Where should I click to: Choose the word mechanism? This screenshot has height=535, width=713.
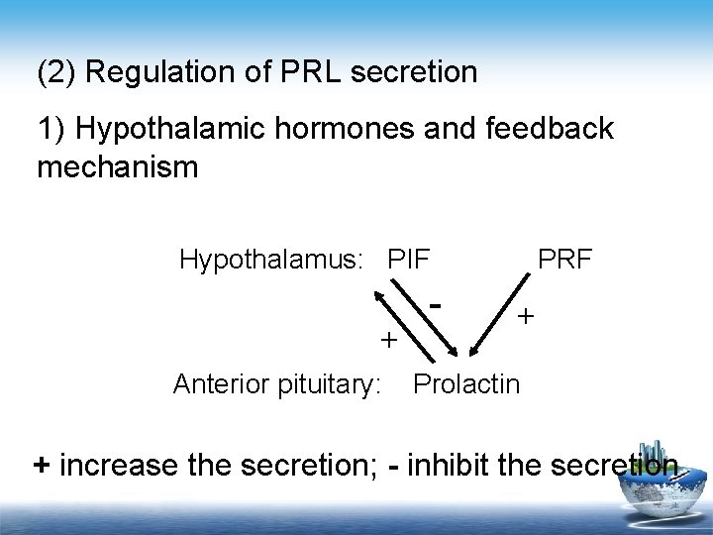click(117, 166)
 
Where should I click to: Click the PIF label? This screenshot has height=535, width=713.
click(409, 260)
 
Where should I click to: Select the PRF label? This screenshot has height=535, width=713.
click(564, 260)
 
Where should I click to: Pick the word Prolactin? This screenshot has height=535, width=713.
click(465, 382)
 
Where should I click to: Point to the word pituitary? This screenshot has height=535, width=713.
click(333, 382)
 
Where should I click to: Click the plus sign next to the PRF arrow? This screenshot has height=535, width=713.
click(526, 316)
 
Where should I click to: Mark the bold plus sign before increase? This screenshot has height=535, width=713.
click(42, 465)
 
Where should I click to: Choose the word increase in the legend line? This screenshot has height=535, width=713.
click(120, 465)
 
